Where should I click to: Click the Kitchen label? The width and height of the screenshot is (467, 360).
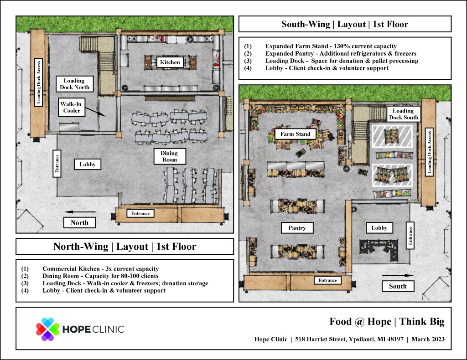[170, 62]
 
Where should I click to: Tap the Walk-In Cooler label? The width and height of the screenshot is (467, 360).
[72, 108]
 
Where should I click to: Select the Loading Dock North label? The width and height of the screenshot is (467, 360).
[74, 84]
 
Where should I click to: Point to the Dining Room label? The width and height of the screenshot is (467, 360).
[170, 156]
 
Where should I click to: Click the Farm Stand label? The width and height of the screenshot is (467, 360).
[295, 134]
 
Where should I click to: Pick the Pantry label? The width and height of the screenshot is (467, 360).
[297, 228]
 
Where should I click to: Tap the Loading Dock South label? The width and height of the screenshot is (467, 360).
[404, 114]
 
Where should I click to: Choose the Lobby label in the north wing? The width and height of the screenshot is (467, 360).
[87, 164]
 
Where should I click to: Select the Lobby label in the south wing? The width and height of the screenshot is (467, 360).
[379, 228]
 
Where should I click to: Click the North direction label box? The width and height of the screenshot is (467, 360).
[79, 222]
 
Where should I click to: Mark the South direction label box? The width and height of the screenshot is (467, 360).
[398, 286]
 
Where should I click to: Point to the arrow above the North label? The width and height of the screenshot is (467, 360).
[80, 212]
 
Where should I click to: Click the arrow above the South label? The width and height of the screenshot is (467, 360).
[398, 276]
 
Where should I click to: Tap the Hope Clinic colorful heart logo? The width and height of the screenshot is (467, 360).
[47, 329]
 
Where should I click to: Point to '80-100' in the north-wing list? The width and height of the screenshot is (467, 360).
[121, 276]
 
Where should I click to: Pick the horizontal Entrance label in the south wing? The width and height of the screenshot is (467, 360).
[327, 280]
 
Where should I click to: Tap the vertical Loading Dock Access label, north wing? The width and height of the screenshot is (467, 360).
[38, 82]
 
